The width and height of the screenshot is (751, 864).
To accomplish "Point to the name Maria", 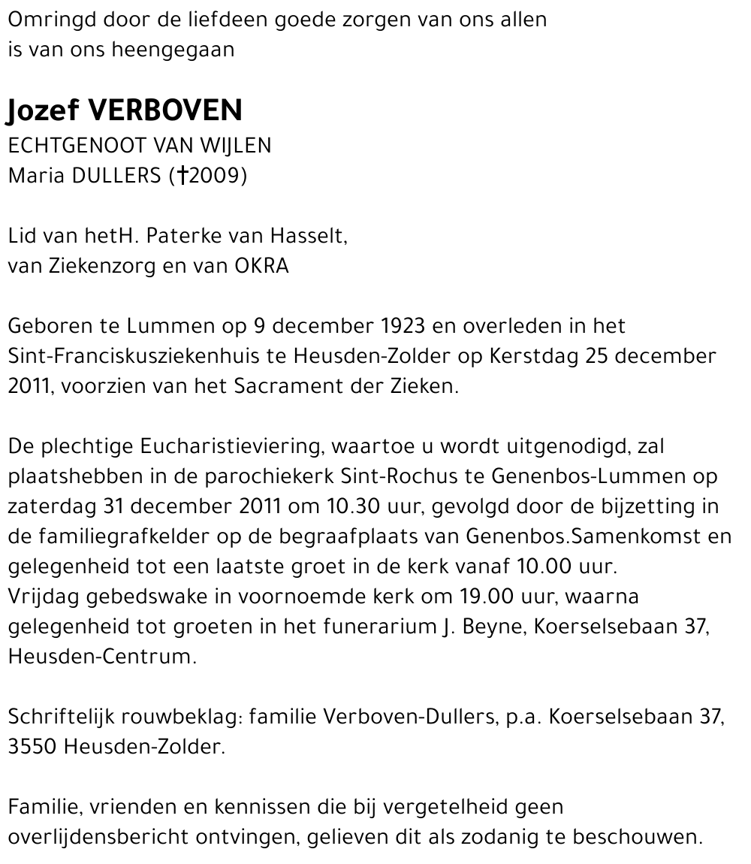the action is [35, 176].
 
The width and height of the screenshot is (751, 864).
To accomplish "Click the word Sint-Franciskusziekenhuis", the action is [140, 357].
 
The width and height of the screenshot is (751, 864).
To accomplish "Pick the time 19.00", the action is [487, 597].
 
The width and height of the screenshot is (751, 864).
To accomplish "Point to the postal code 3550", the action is [33, 748].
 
